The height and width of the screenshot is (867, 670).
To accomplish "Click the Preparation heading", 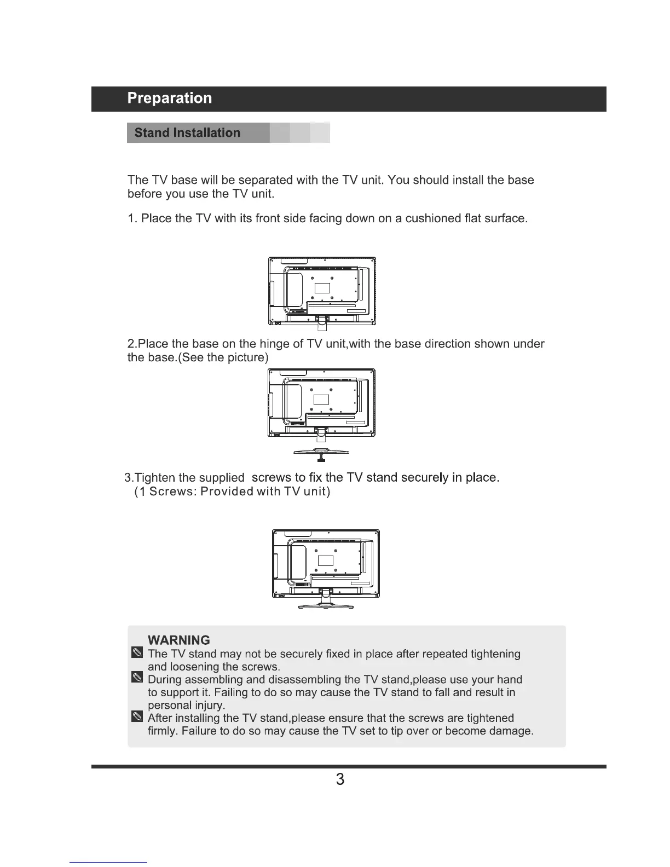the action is click(x=170, y=99).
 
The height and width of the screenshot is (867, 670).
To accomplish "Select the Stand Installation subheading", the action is click(x=187, y=133).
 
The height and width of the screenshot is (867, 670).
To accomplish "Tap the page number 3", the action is click(x=340, y=779).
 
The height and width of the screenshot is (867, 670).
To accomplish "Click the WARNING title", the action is click(x=179, y=640).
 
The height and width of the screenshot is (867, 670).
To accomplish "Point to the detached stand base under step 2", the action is click(x=321, y=453).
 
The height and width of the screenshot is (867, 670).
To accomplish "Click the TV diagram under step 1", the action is click(x=322, y=291).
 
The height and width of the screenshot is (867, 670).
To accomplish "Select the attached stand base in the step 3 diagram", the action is click(x=326, y=605).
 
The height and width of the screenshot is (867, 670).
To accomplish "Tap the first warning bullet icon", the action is click(x=137, y=653).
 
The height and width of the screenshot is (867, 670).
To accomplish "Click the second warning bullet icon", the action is click(x=137, y=679).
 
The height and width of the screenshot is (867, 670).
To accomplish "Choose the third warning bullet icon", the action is click(x=137, y=717).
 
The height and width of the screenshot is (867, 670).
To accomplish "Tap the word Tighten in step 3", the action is click(x=154, y=478).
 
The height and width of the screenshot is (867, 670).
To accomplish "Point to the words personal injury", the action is click(x=186, y=705).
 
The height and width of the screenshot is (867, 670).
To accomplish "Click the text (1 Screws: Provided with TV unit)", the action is click(x=233, y=492).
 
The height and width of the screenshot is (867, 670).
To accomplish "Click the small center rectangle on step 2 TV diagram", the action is click(x=321, y=399).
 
